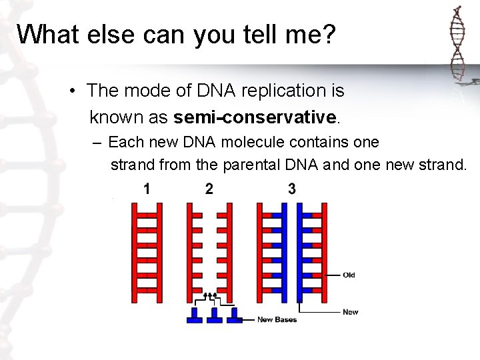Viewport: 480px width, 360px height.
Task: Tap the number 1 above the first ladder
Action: (x=147, y=189)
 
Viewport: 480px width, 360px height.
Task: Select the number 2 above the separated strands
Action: (x=209, y=189)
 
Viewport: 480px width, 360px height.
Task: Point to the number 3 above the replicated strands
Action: (x=291, y=189)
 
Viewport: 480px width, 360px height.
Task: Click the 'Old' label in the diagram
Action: (x=349, y=275)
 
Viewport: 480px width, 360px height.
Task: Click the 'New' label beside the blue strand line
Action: (x=350, y=312)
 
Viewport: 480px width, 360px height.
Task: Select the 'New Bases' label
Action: (x=277, y=320)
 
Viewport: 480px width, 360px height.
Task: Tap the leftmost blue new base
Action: (x=195, y=316)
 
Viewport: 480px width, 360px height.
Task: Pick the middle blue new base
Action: (x=215, y=316)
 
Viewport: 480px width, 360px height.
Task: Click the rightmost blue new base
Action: (x=234, y=316)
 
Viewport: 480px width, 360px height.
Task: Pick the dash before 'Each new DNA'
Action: (x=97, y=143)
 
